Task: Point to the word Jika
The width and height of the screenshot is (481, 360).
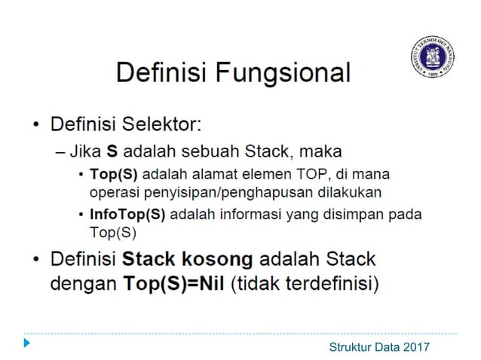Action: coord(84,148)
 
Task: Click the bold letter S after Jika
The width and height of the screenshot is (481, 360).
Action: coord(112,148)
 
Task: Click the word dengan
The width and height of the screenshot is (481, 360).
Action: coord(79,286)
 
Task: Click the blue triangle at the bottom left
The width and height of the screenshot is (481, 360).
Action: coord(27,343)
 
